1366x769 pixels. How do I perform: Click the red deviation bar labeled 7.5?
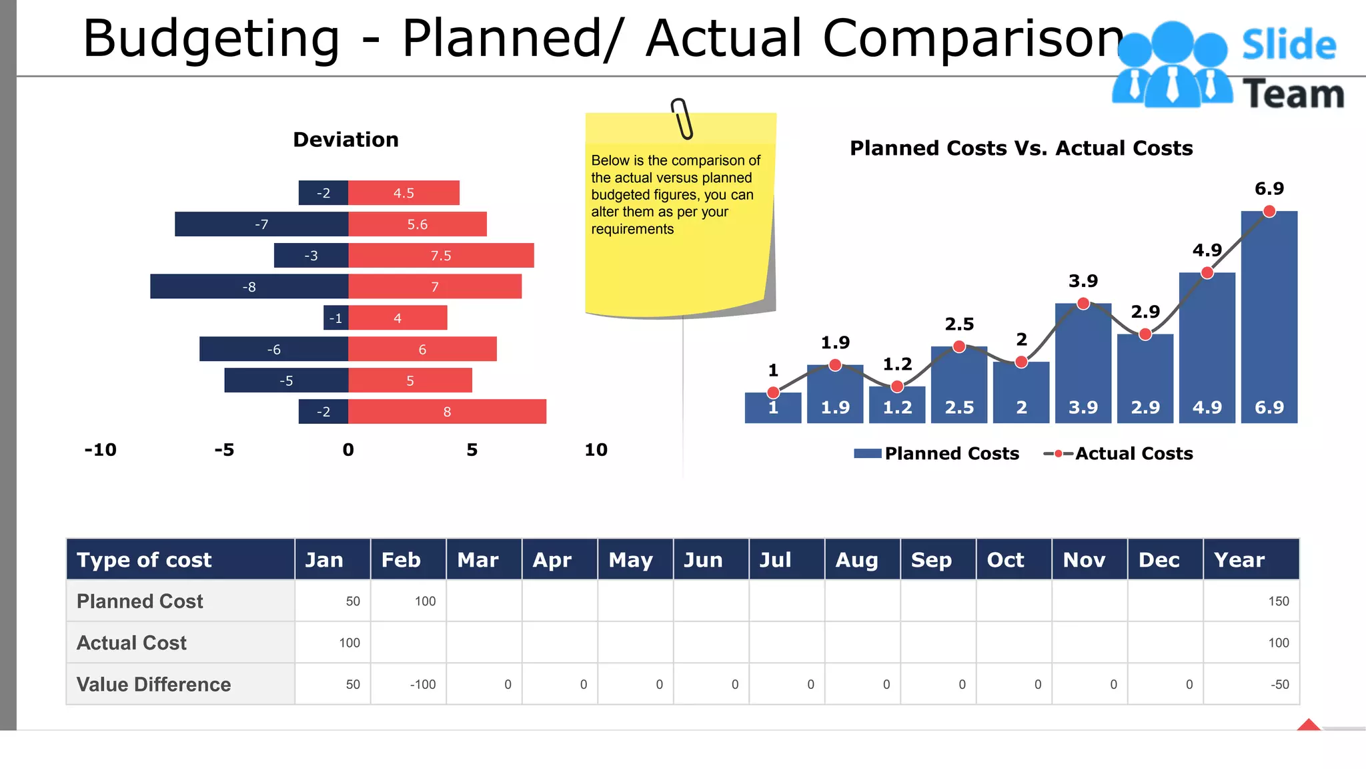click(441, 256)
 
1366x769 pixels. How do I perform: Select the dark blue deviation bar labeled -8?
click(249, 286)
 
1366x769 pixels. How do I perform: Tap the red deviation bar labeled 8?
click(447, 412)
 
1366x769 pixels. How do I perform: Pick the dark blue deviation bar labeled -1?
click(335, 318)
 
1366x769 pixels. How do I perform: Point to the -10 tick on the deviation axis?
click(100, 450)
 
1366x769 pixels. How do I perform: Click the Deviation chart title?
click(346, 140)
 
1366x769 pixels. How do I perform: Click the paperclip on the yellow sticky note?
click(682, 119)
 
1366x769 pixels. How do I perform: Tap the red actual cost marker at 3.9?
click(1083, 304)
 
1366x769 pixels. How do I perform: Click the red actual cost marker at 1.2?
click(897, 387)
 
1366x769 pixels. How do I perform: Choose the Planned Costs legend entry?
click(937, 454)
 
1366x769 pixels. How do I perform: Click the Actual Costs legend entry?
click(1119, 454)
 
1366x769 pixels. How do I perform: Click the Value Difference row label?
click(153, 684)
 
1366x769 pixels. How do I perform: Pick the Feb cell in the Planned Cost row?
click(408, 601)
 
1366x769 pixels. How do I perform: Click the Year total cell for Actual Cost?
click(1251, 643)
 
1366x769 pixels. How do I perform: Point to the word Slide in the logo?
click(1289, 45)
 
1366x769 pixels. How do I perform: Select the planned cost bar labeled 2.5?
click(959, 384)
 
